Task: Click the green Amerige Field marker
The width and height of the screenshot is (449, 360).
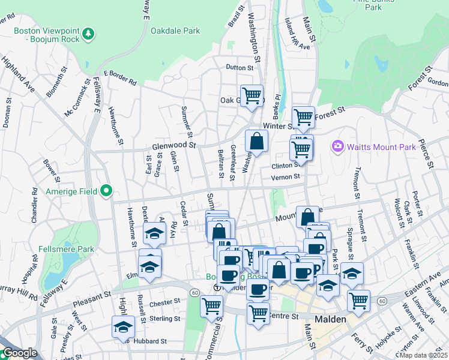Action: coord(107,191)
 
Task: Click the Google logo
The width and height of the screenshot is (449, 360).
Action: coord(19,353)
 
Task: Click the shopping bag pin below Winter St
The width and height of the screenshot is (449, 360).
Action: coord(256,142)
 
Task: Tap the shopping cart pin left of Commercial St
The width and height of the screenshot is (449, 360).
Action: coord(211,305)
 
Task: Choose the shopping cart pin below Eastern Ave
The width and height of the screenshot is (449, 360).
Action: coord(358,299)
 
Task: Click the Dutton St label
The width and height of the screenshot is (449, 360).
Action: coord(240,68)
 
